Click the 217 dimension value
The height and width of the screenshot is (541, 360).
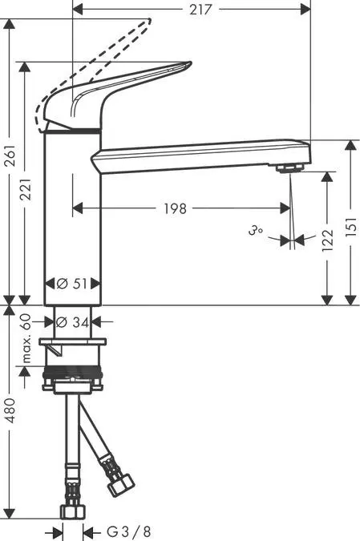click(200, 10)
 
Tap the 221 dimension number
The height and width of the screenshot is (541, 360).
click(26, 189)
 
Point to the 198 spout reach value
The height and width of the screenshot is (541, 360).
click(175, 208)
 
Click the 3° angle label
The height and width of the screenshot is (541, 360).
click(256, 230)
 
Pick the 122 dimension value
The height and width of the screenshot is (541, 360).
click(328, 240)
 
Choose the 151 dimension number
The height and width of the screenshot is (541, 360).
click(350, 227)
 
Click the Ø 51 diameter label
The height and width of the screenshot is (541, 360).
click(72, 284)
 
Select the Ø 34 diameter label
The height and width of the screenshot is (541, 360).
click(72, 322)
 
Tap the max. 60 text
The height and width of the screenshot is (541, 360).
click(26, 338)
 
